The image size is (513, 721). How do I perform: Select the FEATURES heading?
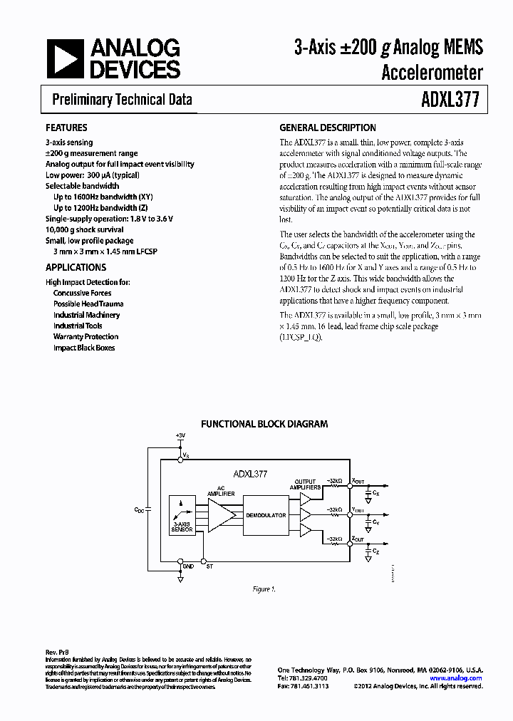pyautogui.click(x=66, y=128)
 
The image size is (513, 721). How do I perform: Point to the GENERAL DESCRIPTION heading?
pyautogui.click(x=327, y=128)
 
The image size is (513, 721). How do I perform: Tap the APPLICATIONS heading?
pyautogui.click(x=76, y=267)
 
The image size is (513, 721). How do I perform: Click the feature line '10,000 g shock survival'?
pyautogui.click(x=84, y=229)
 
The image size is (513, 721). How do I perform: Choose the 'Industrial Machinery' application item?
pyautogui.click(x=86, y=315)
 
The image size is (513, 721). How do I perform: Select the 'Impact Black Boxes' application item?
pyautogui.click(x=84, y=348)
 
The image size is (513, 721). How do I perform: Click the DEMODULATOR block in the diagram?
pyautogui.click(x=265, y=514)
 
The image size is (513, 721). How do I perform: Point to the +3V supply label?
pyautogui.click(x=180, y=435)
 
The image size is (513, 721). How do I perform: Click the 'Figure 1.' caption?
pyautogui.click(x=264, y=588)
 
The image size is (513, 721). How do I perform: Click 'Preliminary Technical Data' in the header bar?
pyautogui.click(x=122, y=100)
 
